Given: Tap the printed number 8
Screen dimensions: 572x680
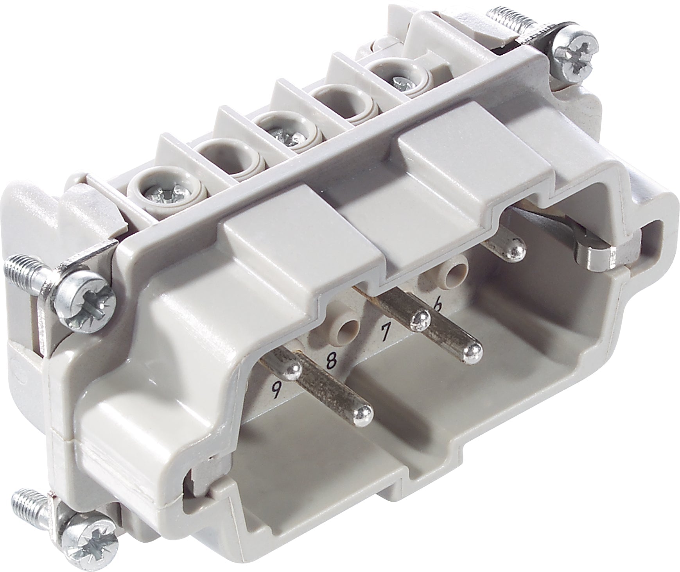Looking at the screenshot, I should tap(331, 360).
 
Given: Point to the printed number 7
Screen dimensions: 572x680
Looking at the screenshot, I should tap(385, 332).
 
